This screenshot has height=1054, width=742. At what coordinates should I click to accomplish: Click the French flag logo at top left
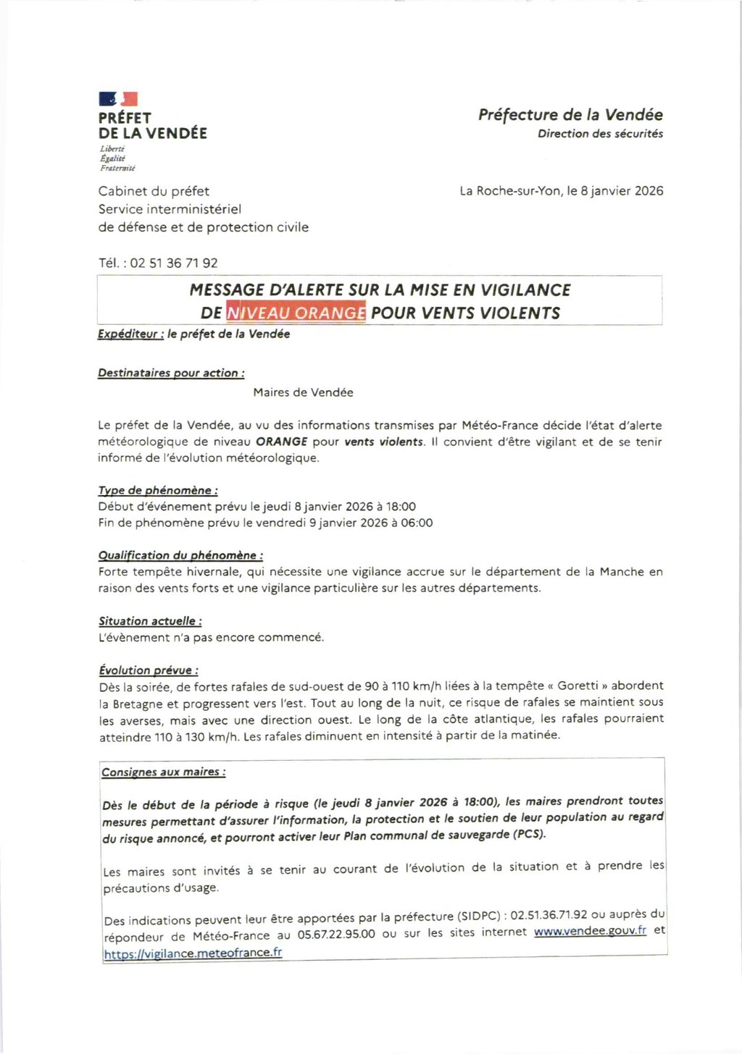118,99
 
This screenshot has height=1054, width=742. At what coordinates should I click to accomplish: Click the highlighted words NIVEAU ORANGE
296,313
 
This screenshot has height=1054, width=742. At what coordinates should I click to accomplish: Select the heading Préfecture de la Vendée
570,115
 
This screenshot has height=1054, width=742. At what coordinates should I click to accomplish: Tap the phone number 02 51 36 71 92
174,263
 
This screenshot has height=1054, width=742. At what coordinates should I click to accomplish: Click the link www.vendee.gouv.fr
590,931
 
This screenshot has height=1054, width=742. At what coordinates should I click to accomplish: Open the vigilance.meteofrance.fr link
193,953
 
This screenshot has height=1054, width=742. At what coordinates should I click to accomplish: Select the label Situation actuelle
150,621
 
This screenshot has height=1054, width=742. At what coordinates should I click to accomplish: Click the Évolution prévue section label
149,670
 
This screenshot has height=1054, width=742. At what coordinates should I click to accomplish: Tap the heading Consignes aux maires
163,772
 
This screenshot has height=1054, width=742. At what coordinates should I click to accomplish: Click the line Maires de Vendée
303,392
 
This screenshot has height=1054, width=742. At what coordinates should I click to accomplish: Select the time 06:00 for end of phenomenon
417,523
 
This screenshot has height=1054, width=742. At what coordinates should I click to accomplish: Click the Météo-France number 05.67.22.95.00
336,935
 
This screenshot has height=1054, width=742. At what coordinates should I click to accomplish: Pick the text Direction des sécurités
600,134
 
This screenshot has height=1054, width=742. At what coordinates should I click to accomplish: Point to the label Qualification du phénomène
180,556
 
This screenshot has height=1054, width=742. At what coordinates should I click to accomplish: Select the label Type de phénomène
158,491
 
